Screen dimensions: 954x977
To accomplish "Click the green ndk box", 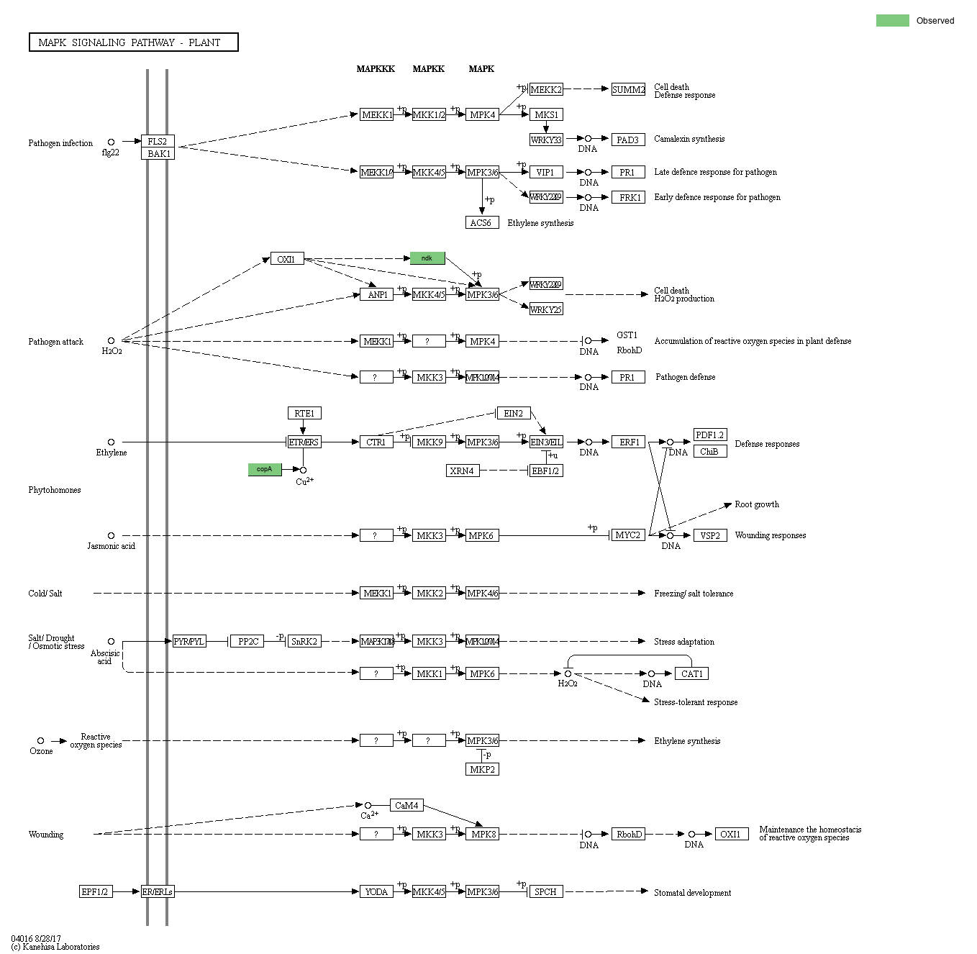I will click(427, 258).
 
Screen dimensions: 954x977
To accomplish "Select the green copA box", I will click(265, 469).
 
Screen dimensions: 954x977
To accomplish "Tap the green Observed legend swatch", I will click(892, 20).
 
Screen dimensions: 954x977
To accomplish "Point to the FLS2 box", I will click(158, 141).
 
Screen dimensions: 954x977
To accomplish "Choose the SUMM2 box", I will click(628, 89).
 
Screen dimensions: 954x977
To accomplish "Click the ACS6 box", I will click(481, 223).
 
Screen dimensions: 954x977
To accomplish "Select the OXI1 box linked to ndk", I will click(287, 259).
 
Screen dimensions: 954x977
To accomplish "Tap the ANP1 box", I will click(377, 295).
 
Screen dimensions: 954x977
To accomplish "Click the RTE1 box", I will click(304, 413).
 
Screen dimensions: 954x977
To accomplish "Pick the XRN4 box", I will click(462, 471).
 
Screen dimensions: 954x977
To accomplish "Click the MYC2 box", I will click(628, 535).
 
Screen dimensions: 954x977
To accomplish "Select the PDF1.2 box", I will click(709, 435).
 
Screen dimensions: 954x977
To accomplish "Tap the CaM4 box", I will click(406, 805).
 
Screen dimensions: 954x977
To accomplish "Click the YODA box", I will click(376, 891).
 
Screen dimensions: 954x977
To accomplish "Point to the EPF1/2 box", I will click(95, 891).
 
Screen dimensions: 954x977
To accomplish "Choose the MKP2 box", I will click(482, 769).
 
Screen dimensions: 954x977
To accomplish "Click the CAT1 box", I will click(691, 673).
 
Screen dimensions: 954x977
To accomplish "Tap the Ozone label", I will click(41, 751).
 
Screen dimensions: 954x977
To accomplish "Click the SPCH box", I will click(545, 891).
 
